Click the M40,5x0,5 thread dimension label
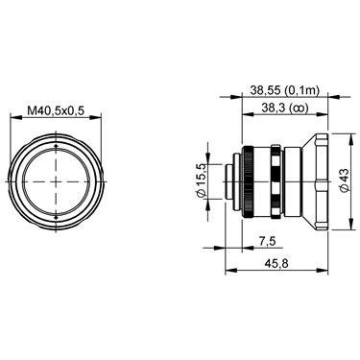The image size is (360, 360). click(56, 110)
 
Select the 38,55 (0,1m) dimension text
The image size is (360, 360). click(284, 90)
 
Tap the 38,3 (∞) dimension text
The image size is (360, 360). click(284, 108)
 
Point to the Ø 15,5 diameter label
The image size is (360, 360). click(202, 180)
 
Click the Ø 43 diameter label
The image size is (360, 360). click(345, 180)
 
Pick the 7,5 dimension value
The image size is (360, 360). click(268, 241)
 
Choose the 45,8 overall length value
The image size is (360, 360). click(276, 263)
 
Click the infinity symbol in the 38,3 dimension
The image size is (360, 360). click(299, 108)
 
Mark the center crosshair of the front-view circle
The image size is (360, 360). click(57, 181)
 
